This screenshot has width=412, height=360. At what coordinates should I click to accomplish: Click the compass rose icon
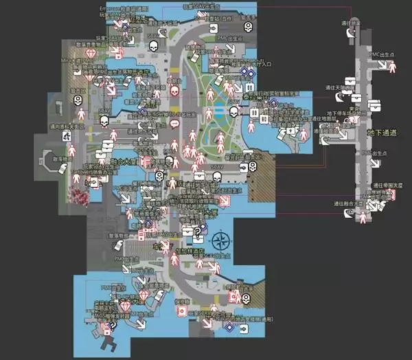(221, 241)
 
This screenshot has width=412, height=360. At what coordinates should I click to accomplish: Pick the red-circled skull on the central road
(173, 89)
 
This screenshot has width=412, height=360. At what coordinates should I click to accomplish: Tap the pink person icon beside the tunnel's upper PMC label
(392, 66)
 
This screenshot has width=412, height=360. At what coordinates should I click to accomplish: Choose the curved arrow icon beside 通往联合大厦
(349, 214)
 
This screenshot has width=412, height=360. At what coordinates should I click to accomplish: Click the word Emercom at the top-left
(109, 8)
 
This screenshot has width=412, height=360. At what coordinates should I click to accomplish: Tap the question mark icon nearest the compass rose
(198, 230)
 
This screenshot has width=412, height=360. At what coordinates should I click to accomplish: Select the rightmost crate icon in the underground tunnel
(374, 105)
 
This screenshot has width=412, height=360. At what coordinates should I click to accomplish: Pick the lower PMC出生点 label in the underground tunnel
(375, 153)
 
